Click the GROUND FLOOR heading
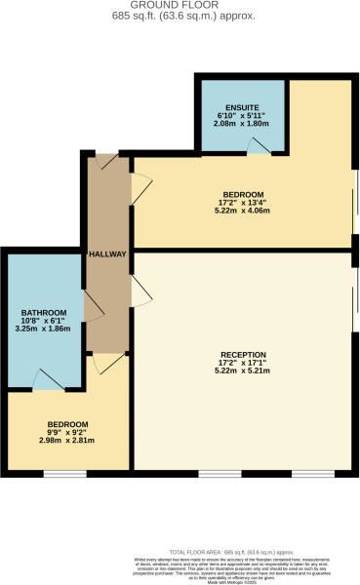[180, 6]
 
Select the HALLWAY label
[107, 254]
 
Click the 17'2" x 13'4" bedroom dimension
[242, 204]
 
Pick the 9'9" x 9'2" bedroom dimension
[67, 433]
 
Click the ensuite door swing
[257, 145]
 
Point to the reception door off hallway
[140, 287]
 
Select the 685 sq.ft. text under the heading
[179, 17]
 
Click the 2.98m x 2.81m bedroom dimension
[67, 442]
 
